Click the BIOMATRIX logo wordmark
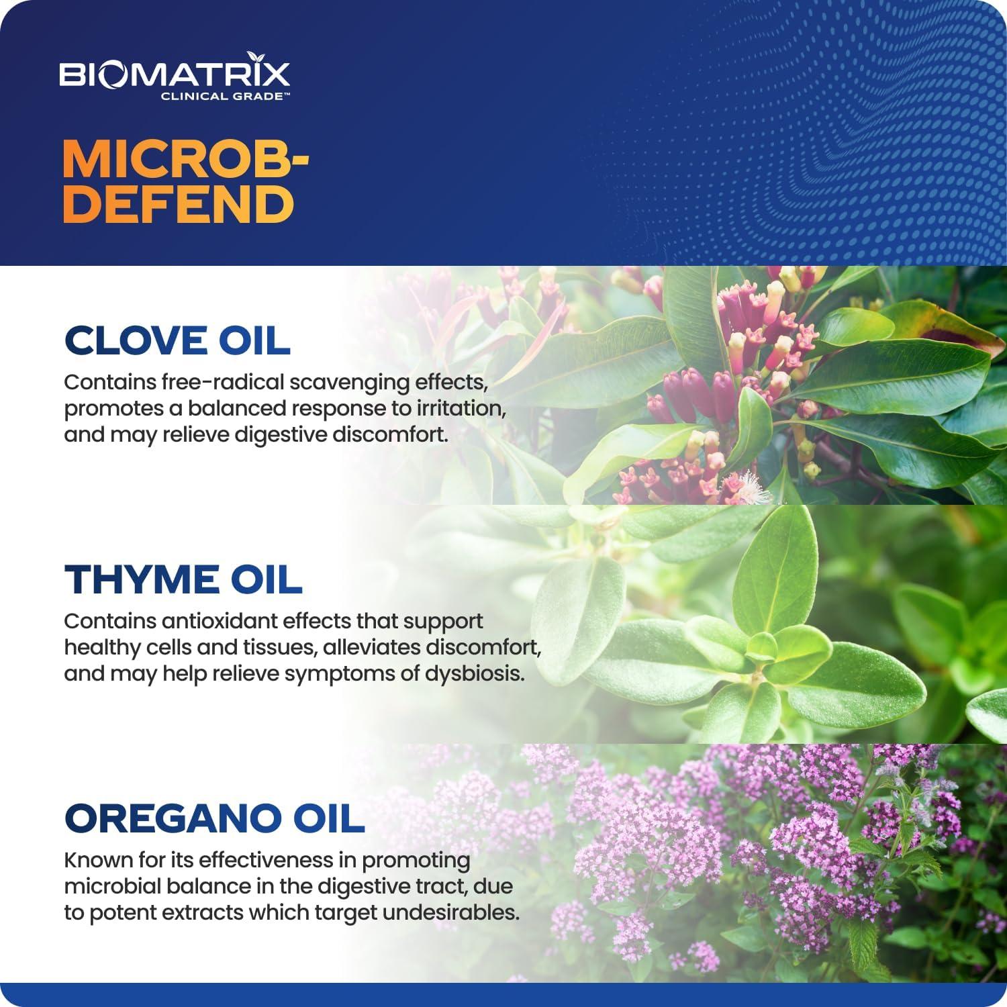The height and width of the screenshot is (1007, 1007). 175,74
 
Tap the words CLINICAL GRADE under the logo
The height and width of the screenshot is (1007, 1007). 225,96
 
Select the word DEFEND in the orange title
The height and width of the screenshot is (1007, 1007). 179,204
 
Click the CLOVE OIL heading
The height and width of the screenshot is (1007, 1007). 177,340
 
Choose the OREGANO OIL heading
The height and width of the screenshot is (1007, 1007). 214,818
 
